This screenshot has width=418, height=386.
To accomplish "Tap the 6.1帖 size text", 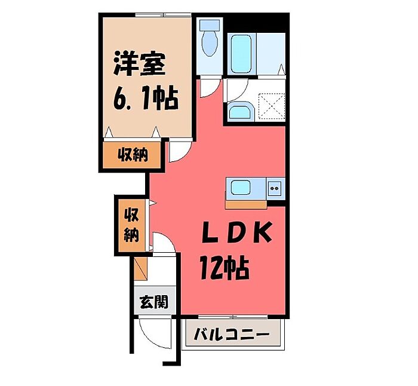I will pos(146,98).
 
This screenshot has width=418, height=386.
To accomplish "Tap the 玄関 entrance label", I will pos(153,302).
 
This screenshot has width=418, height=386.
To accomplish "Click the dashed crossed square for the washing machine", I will pos(269,106).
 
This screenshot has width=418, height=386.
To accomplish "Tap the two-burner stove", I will pos(275,189).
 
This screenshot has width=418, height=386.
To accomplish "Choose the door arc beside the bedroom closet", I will pos(177,152).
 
